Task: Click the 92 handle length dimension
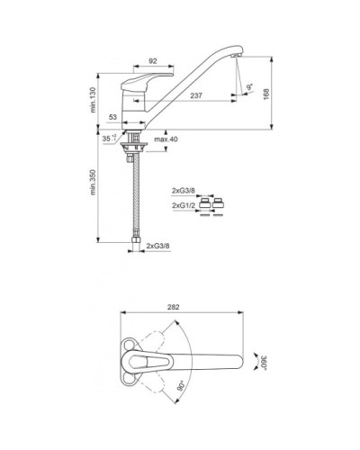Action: tap(153, 61)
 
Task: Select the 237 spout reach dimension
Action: tap(196, 95)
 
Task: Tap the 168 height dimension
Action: tap(266, 94)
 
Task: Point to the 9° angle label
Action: tap(249, 87)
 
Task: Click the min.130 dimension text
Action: tap(93, 100)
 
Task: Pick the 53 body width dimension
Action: tap(112, 117)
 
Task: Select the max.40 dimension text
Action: tap(166, 139)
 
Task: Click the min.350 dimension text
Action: tap(93, 183)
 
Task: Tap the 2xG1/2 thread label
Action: tap(184, 205)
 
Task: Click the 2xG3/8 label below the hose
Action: tap(158, 246)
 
